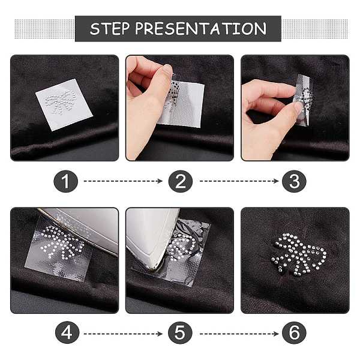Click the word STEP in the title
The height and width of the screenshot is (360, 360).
[x=109, y=28]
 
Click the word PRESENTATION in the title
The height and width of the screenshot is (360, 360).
[x=201, y=28]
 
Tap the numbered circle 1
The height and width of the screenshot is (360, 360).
[x=65, y=181]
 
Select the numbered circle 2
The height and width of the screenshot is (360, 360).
[x=180, y=181]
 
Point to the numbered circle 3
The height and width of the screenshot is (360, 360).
[x=294, y=181]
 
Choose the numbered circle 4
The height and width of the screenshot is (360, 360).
[x=67, y=332]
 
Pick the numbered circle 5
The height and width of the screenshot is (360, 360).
[x=180, y=332]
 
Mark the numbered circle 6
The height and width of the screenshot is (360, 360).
[x=294, y=332]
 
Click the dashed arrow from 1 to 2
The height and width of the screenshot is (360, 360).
[x=123, y=181]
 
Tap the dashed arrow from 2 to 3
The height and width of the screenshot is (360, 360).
[x=239, y=181]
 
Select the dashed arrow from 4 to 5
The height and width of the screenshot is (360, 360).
[x=123, y=334]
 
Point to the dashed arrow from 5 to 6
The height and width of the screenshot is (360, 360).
[x=239, y=334]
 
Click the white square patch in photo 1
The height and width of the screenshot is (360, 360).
[x=64, y=104]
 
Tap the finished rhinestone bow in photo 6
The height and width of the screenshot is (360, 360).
[x=299, y=254]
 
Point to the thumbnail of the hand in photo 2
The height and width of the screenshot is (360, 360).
[x=168, y=69]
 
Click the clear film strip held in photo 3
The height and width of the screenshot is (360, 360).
[x=303, y=99]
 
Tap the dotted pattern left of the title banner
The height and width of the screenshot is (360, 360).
[x=45, y=29]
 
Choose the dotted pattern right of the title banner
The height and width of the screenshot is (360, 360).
[x=314, y=29]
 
